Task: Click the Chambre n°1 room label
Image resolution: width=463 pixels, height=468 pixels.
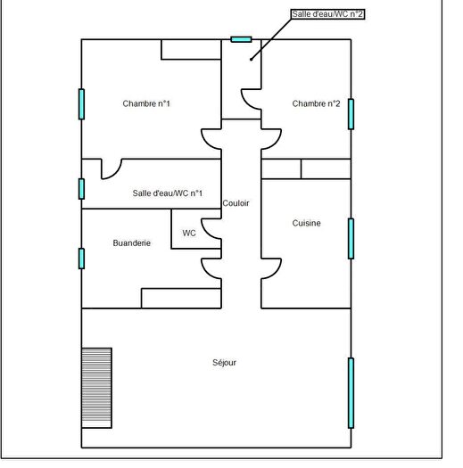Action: pyautogui.click(x=146, y=104)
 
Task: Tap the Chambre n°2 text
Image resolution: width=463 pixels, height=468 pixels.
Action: pyautogui.click(x=316, y=104)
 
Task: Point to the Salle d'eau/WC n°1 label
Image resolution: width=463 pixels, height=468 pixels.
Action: pyautogui.click(x=168, y=193)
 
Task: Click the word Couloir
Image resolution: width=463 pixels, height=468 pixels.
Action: pyautogui.click(x=236, y=203)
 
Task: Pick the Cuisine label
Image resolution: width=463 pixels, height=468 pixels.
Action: pyautogui.click(x=306, y=223)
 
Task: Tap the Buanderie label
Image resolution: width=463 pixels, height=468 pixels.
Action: pyautogui.click(x=131, y=242)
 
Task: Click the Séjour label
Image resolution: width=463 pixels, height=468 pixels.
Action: pyautogui.click(x=225, y=362)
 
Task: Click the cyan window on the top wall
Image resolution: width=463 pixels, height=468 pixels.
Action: pyautogui.click(x=241, y=39)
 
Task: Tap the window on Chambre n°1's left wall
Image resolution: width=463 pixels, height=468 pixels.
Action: pyautogui.click(x=81, y=104)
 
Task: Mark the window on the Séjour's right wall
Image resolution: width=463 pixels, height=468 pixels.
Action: pyautogui.click(x=351, y=392)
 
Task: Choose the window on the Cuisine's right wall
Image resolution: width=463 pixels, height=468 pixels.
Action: pyautogui.click(x=351, y=238)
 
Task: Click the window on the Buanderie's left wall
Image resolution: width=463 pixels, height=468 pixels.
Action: pyautogui.click(x=81, y=259)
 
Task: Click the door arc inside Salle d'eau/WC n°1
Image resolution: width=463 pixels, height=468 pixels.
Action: pyautogui.click(x=111, y=168)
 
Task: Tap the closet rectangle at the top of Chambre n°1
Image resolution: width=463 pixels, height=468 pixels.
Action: pyautogui.click(x=191, y=49)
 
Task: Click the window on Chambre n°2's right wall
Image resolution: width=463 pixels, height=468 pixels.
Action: pyautogui.click(x=351, y=114)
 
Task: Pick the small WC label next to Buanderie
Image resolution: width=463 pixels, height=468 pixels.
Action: pyautogui.click(x=189, y=233)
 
